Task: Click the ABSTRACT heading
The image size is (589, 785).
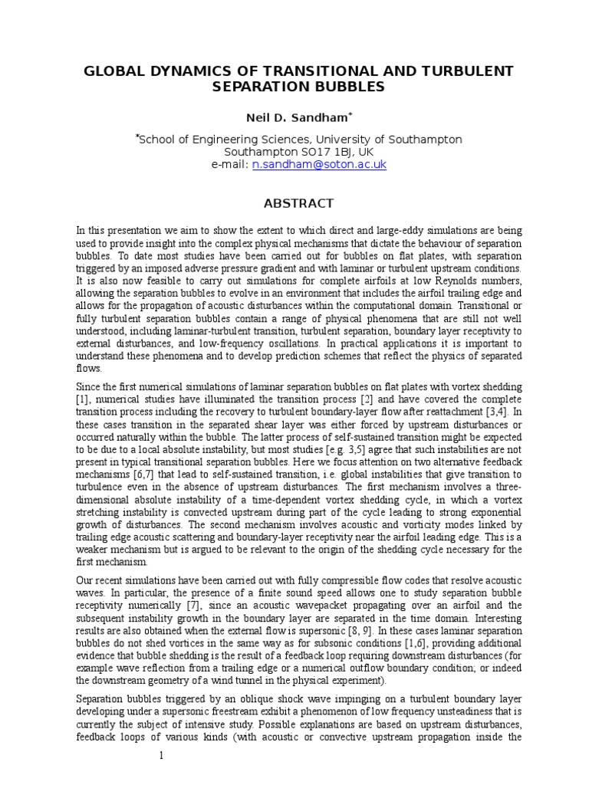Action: [298, 203]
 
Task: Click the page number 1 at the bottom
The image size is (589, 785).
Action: [161, 756]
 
